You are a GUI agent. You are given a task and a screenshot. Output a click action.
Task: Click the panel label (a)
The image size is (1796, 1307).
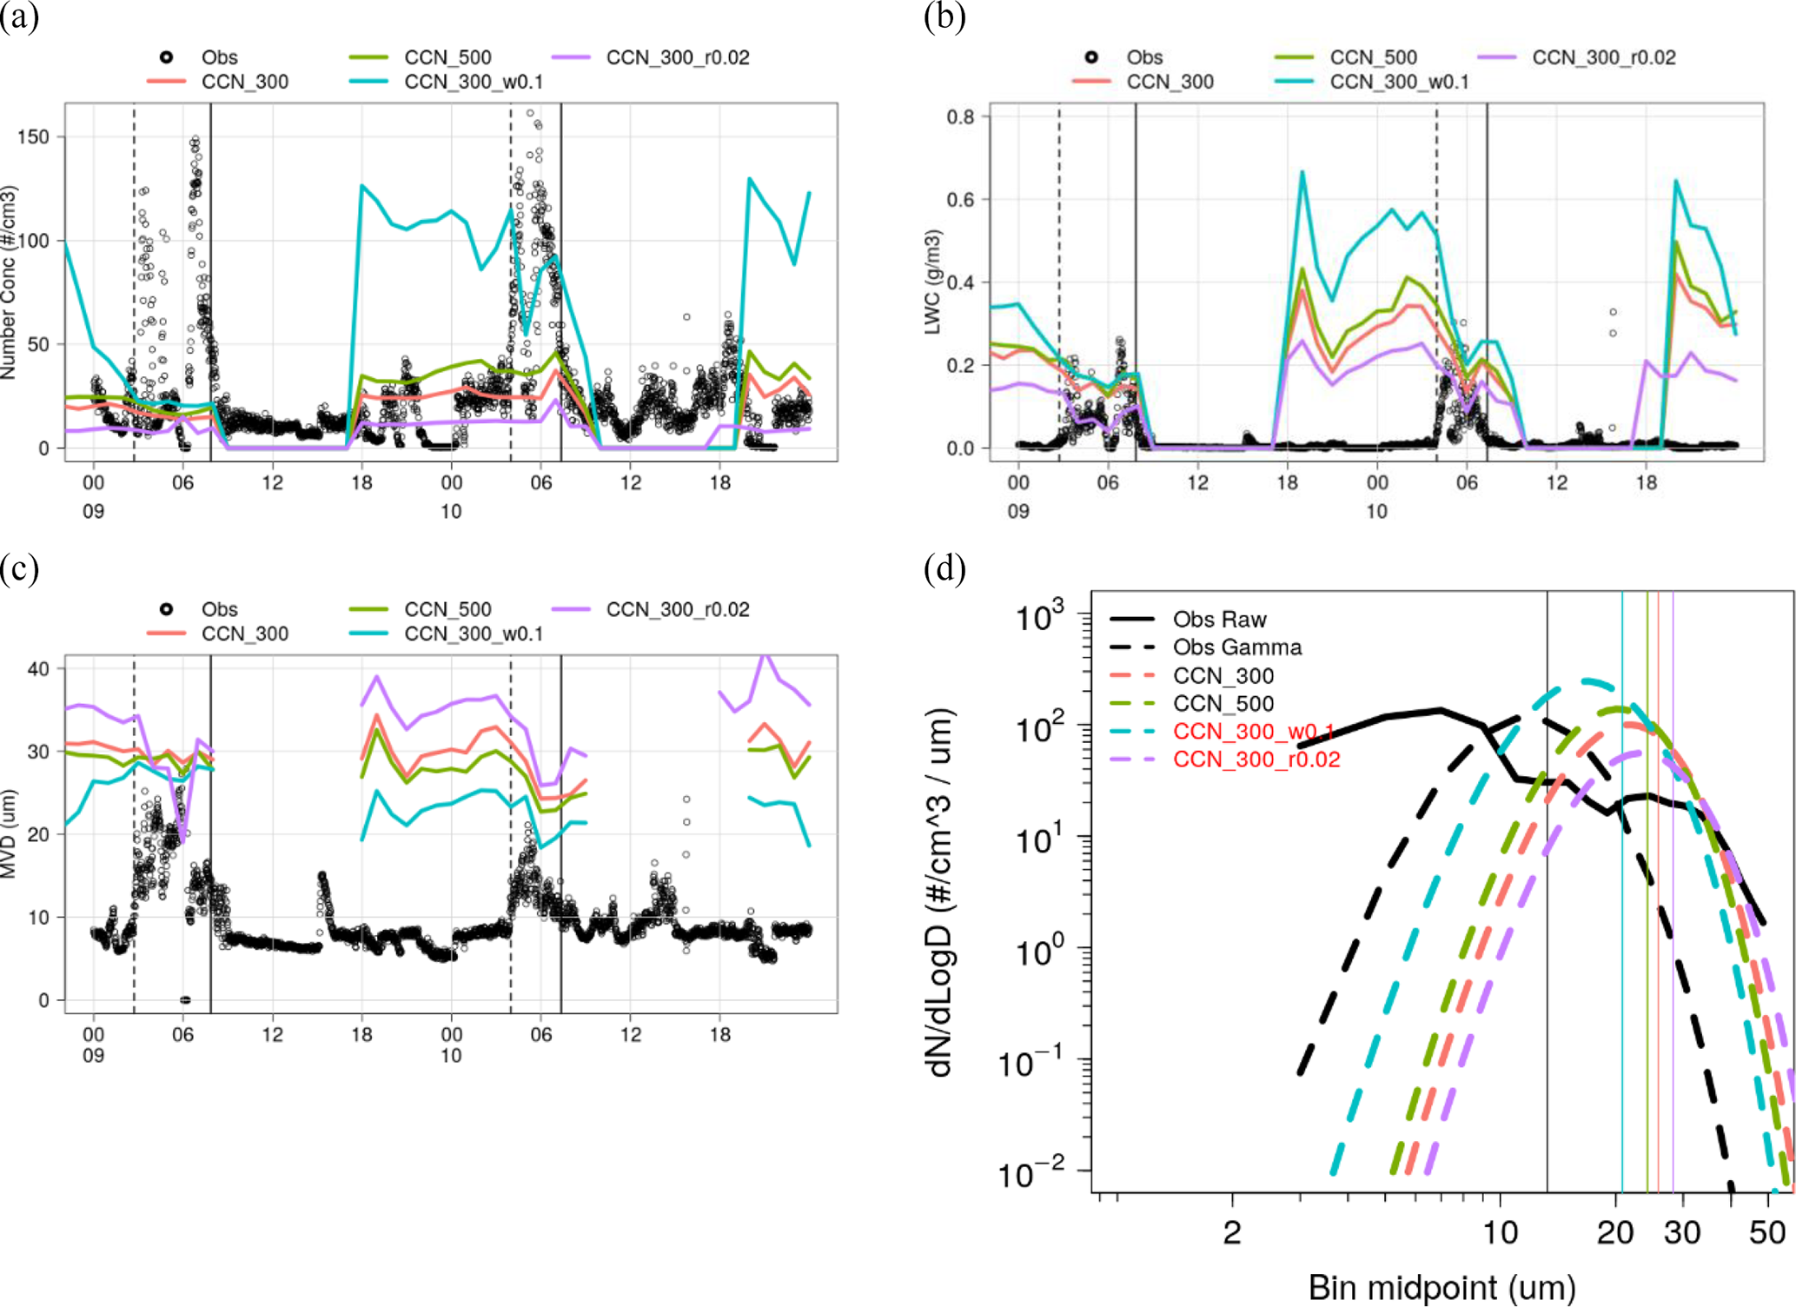(19, 17)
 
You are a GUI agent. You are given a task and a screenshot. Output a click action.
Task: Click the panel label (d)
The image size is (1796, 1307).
(944, 569)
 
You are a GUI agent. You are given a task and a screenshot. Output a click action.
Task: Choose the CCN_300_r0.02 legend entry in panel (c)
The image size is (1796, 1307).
(677, 609)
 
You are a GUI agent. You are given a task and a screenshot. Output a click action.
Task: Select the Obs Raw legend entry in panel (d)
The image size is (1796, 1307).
(1219, 620)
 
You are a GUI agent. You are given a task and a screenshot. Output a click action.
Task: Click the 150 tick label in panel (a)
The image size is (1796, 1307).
(33, 137)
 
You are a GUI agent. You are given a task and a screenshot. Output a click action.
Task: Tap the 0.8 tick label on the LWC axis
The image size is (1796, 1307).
(960, 116)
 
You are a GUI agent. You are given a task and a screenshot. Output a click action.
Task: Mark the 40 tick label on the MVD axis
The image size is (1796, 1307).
(39, 668)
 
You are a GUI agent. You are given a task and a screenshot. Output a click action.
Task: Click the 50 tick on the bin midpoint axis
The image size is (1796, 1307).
(1766, 1233)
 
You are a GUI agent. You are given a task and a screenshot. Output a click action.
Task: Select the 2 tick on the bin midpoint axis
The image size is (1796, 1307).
(1231, 1233)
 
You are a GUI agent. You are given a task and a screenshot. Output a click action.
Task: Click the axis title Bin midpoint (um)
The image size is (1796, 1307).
(1441, 1288)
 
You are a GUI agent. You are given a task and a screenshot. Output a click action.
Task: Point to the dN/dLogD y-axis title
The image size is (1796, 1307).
(942, 892)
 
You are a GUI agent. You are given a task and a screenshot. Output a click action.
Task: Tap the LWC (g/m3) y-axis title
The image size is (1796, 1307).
(932, 282)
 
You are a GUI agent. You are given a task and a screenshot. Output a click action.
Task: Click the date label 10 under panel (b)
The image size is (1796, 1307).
(1376, 511)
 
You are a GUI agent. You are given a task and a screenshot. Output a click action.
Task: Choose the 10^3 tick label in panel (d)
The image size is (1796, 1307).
(1039, 618)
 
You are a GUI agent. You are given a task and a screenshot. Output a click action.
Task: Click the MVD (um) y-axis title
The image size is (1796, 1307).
(9, 834)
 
